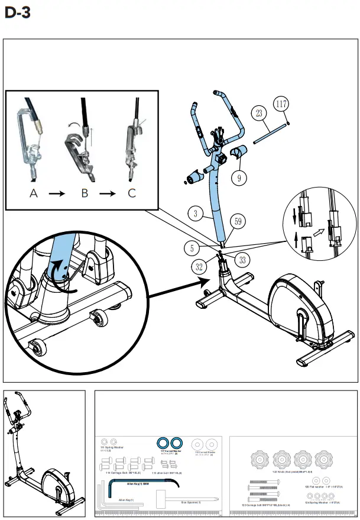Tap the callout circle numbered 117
(x=283, y=104)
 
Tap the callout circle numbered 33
(x=242, y=259)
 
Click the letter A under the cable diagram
(x=34, y=193)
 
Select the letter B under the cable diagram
(x=85, y=193)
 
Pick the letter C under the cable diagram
(x=131, y=193)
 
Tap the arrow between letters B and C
(x=108, y=194)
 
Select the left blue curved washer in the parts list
(x=161, y=444)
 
